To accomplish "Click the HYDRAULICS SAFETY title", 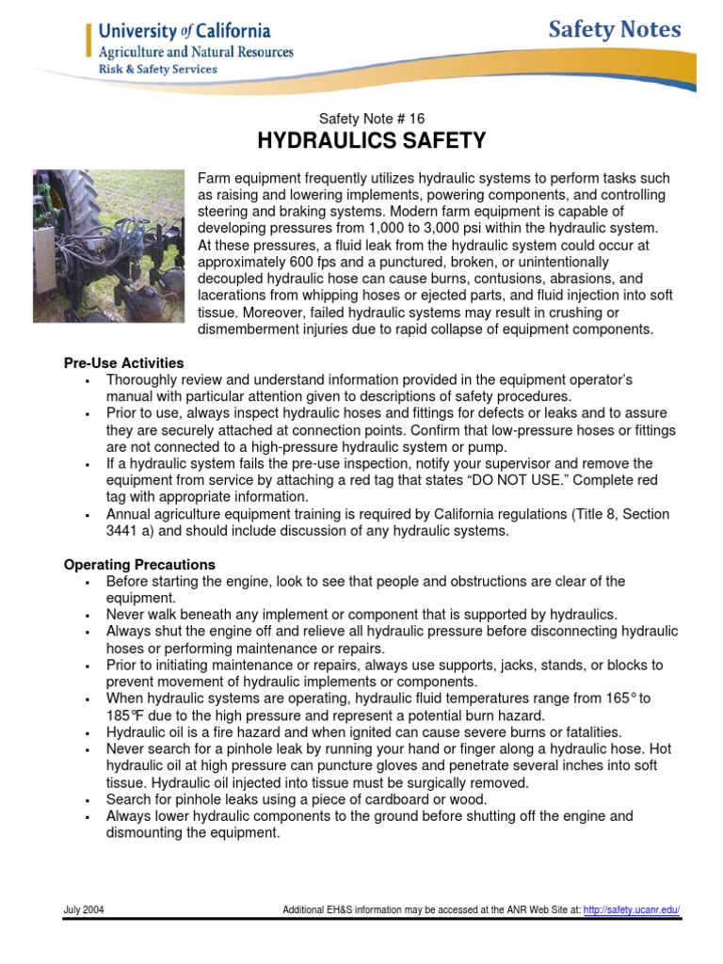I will click(x=371, y=141).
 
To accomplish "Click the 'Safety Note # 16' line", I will click(x=371, y=119).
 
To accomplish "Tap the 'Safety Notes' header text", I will click(x=615, y=30).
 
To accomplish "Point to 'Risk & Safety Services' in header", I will click(x=157, y=69).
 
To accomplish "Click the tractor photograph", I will click(x=109, y=246).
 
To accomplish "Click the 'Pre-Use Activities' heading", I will click(x=123, y=362).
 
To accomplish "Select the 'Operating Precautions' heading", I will click(x=139, y=565).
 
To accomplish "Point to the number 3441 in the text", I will click(x=122, y=531).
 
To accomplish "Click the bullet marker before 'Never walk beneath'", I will click(x=86, y=615).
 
